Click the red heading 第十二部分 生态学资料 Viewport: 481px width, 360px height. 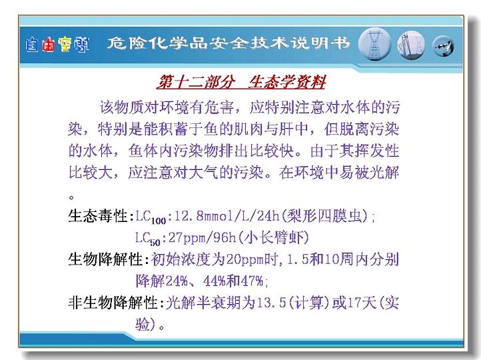(x=240, y=82)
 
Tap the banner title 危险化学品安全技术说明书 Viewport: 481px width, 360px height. (x=229, y=43)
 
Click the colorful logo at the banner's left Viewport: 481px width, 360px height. (x=57, y=45)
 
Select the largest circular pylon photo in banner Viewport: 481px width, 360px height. (x=374, y=44)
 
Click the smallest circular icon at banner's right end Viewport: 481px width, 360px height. (x=443, y=46)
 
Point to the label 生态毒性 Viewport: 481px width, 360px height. (x=98, y=216)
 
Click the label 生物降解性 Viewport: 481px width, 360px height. (x=105, y=259)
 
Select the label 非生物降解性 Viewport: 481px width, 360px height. (x=113, y=303)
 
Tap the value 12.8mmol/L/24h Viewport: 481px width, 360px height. (x=227, y=216)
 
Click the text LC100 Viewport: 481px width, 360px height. (x=151, y=217)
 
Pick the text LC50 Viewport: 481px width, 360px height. (x=148, y=239)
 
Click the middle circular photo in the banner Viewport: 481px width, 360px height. (x=411, y=45)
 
